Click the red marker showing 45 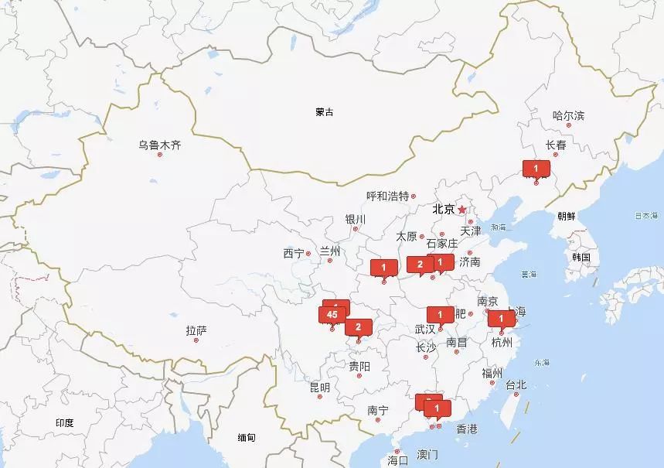[332, 314]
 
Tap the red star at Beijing [462, 210]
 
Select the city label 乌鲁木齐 [160, 145]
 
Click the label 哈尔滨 [568, 116]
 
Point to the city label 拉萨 [196, 330]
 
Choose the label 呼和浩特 [387, 196]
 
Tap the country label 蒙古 [325, 112]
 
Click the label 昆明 [319, 387]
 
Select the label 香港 [467, 429]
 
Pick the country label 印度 [64, 422]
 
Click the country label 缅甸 [247, 437]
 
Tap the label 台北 [516, 384]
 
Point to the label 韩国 [581, 257]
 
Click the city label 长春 [556, 145]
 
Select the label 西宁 [294, 253]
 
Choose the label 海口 [397, 459]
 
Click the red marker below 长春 [536, 167]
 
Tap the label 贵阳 [359, 366]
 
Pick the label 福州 [492, 373]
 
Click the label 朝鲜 [566, 216]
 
